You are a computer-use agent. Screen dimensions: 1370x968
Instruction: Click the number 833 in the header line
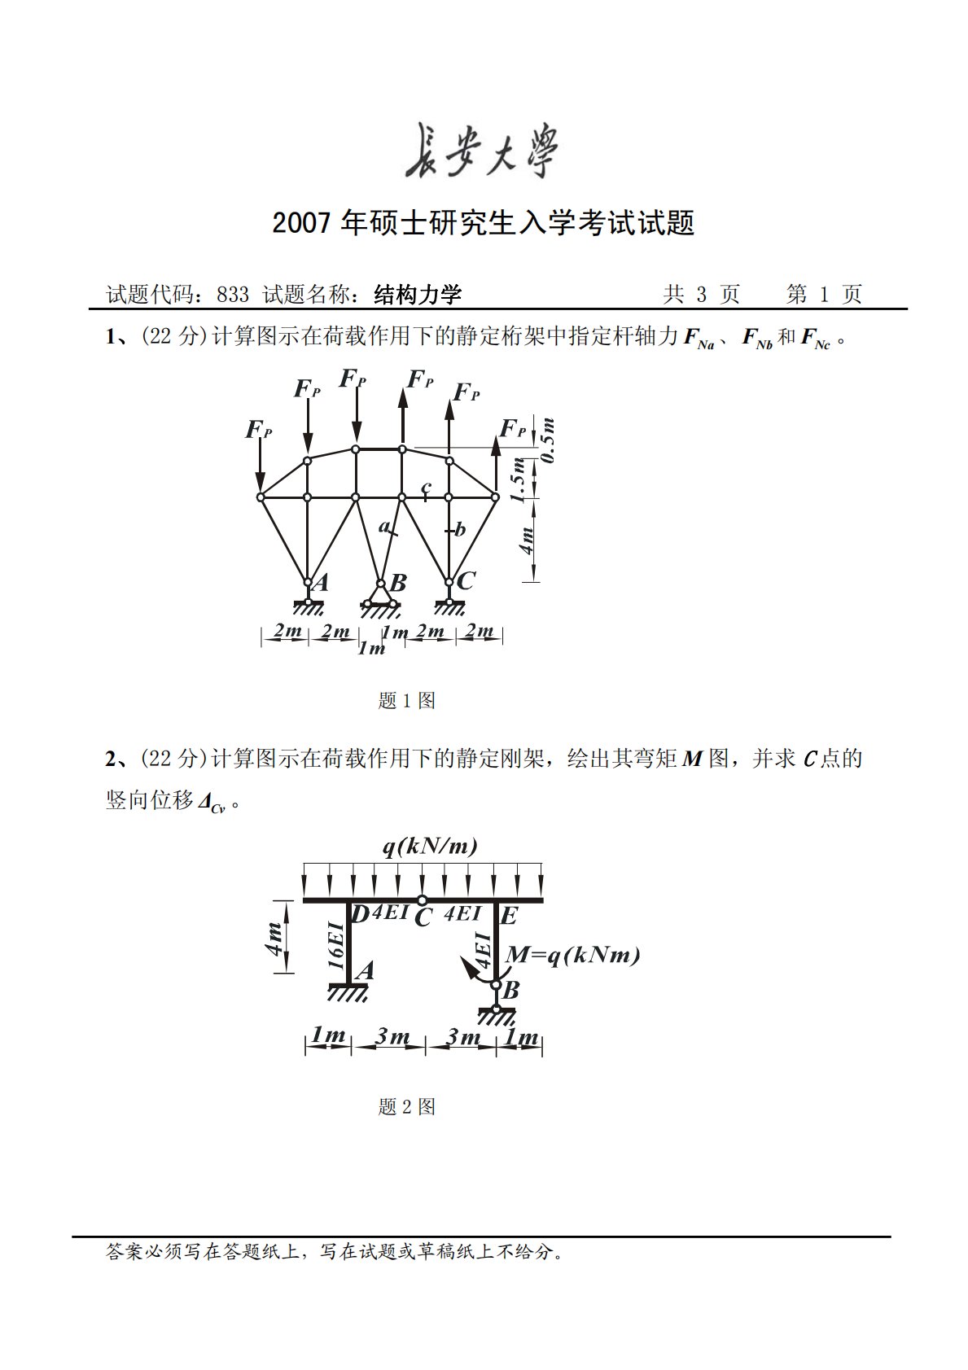pos(233,295)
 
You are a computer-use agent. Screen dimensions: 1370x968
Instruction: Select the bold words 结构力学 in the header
pos(418,295)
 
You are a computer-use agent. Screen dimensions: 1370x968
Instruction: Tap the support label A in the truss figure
pos(321,582)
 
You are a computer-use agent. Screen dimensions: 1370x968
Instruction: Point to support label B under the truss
pos(398,583)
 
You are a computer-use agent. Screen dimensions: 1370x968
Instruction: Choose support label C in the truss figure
pos(466,580)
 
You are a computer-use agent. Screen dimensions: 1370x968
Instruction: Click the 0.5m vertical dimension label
pos(548,440)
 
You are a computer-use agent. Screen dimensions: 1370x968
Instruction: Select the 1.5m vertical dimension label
pos(518,479)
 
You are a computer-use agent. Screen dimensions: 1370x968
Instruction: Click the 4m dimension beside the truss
pos(527,541)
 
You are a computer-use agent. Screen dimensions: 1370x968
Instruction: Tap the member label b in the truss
pos(460,530)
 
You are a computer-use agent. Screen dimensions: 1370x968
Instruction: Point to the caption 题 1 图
pos(407,700)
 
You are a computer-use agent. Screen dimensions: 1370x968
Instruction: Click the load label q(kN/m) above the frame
pos(430,847)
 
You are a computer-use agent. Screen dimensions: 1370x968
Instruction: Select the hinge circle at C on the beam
pos(422,900)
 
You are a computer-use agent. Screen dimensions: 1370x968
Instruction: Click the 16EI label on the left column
pos(335,944)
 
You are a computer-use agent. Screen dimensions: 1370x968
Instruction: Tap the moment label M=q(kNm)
pos(572,955)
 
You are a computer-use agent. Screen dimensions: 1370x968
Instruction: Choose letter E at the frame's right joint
pos(509,917)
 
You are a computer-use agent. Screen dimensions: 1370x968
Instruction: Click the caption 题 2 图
pos(407,1106)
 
